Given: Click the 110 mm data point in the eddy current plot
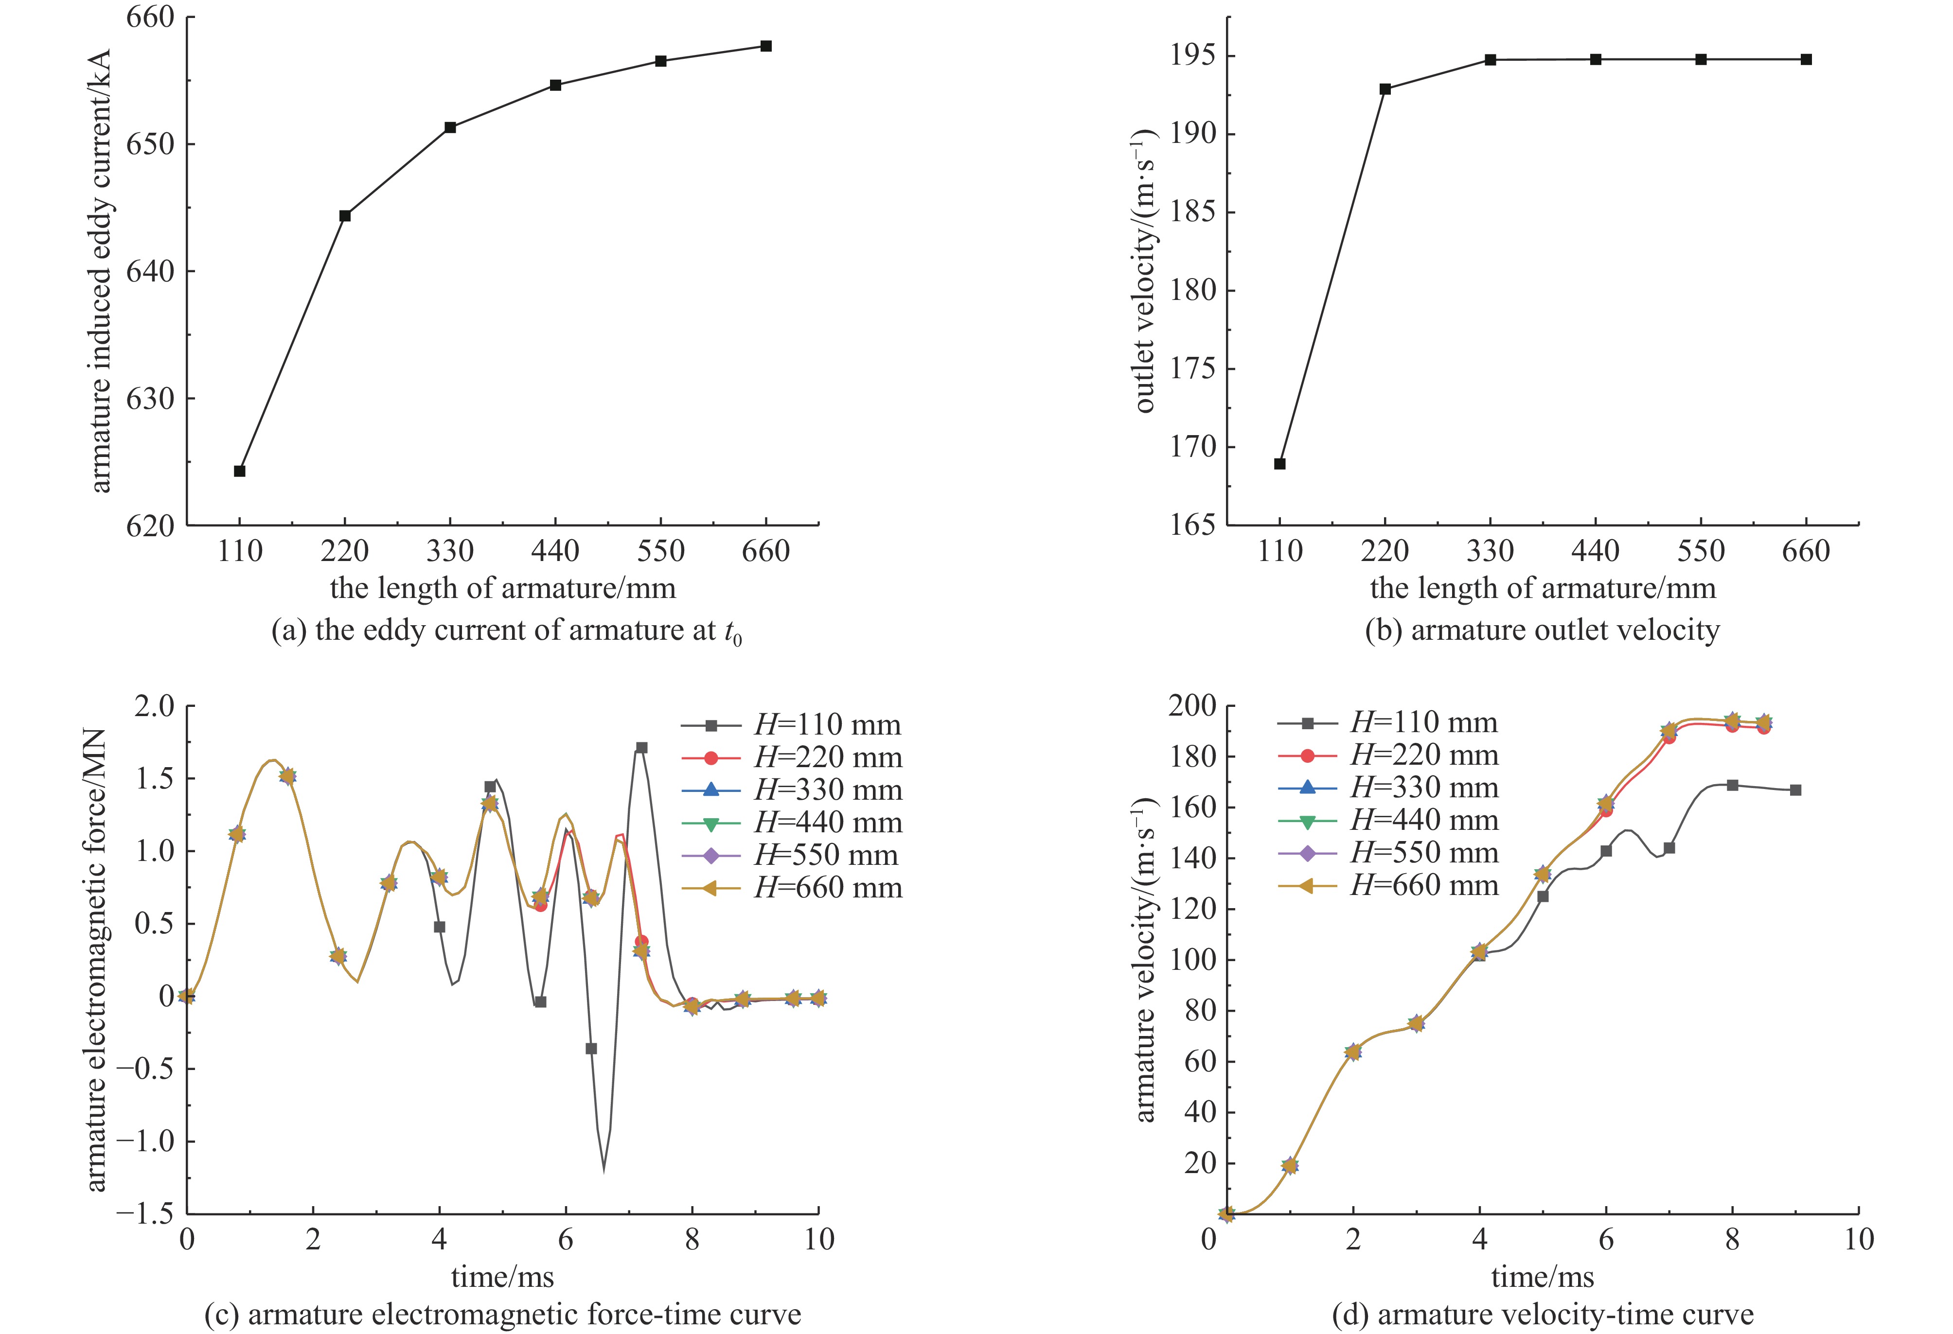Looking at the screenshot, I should coord(239,471).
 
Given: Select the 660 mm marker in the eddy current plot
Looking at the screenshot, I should coord(765,46).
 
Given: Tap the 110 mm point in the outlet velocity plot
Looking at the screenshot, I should coord(1280,464).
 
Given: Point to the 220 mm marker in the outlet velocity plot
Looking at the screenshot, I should coord(1385,89).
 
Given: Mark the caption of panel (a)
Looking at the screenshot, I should coord(507,631).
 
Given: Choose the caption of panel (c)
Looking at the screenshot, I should coord(502,1314).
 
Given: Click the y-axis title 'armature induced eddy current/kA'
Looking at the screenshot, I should coord(100,270).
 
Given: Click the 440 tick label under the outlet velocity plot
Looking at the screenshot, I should coord(1595,551).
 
